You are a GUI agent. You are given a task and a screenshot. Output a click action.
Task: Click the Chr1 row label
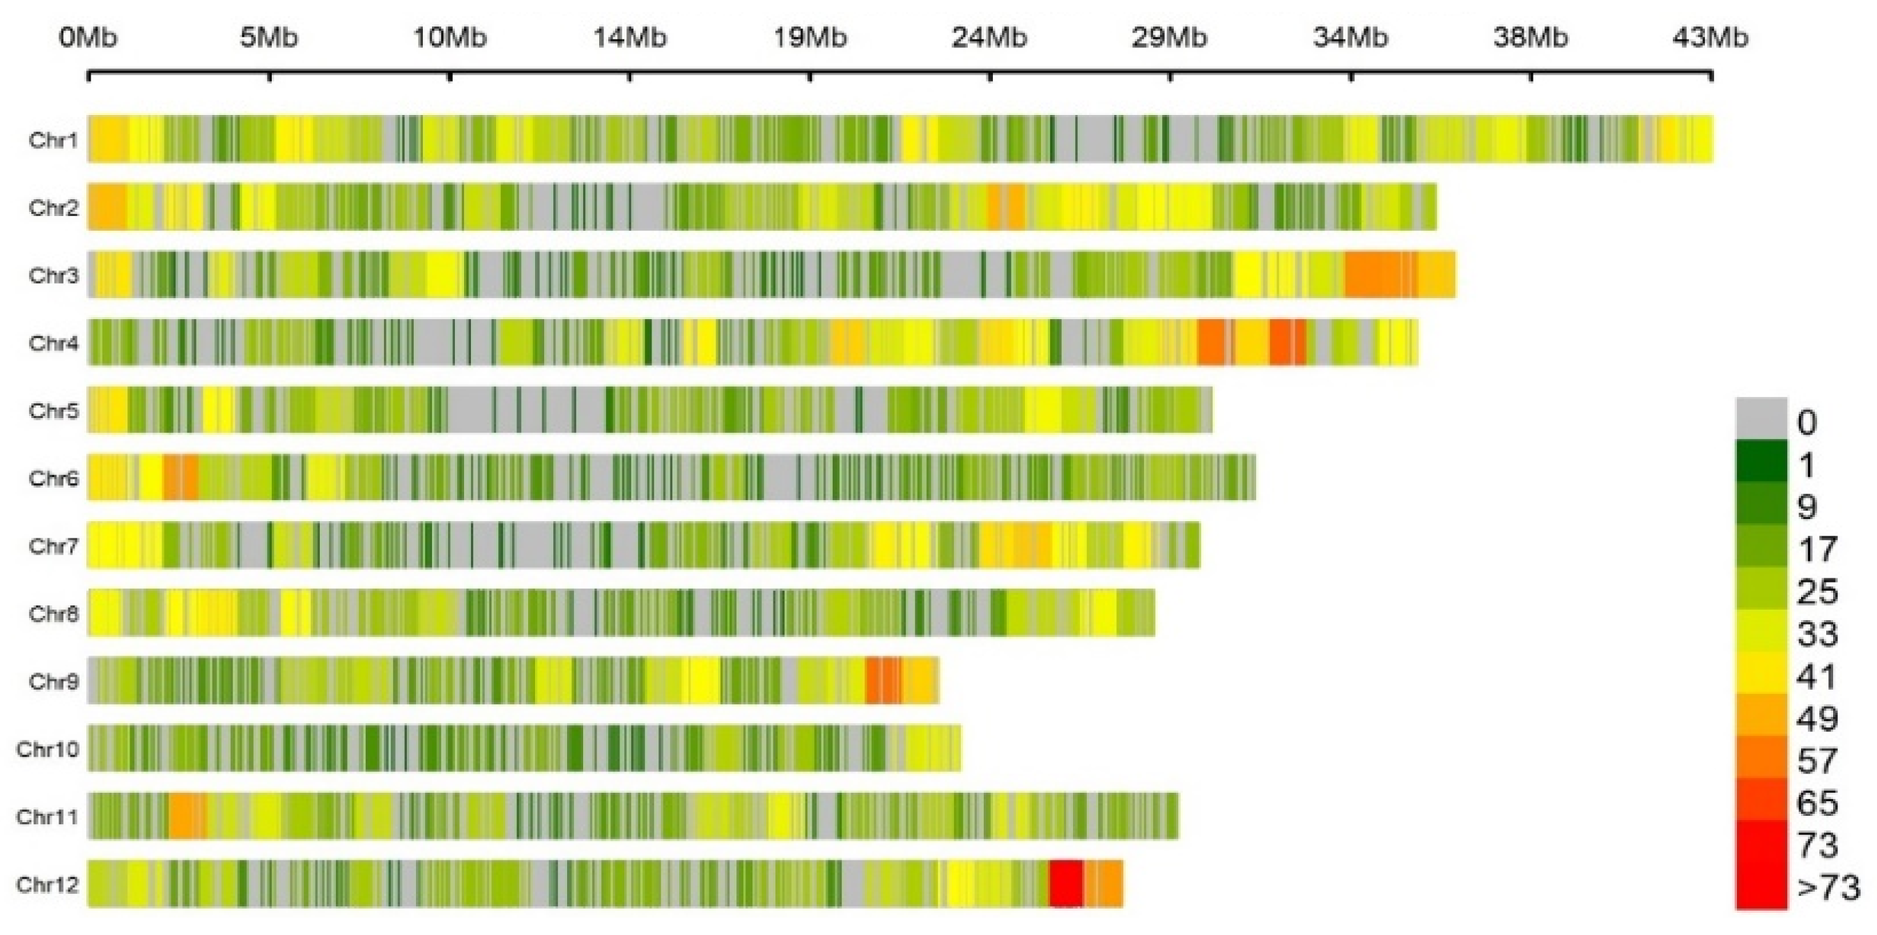click(x=52, y=139)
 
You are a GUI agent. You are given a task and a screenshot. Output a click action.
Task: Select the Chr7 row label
click(x=52, y=545)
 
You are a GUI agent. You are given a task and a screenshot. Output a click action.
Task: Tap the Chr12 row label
click(x=47, y=884)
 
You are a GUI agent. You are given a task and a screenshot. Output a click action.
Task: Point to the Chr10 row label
click(x=47, y=748)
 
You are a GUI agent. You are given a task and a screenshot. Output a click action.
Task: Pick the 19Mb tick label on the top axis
click(x=810, y=36)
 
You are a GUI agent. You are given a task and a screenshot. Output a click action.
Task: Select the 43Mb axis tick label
click(x=1709, y=36)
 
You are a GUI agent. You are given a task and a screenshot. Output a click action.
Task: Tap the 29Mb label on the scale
click(x=1168, y=36)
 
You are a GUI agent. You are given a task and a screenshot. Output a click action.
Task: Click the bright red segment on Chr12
click(x=1065, y=884)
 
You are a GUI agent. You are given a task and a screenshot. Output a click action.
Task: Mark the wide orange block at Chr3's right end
click(x=1381, y=275)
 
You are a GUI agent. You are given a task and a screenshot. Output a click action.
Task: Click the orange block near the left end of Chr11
click(x=187, y=817)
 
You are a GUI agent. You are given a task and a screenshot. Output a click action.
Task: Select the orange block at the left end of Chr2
click(x=107, y=207)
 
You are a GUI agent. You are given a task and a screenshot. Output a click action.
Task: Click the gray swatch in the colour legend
click(x=1761, y=418)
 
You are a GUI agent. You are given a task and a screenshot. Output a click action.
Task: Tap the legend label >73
click(x=1828, y=888)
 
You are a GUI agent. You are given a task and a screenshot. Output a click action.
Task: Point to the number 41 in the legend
click(x=1816, y=677)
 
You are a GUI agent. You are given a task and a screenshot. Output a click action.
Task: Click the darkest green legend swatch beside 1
click(x=1761, y=461)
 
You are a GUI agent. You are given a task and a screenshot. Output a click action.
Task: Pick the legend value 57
click(x=1816, y=761)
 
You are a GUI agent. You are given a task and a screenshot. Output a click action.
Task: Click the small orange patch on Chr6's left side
click(x=180, y=477)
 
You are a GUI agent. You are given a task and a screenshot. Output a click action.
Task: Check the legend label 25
click(x=1816, y=591)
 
